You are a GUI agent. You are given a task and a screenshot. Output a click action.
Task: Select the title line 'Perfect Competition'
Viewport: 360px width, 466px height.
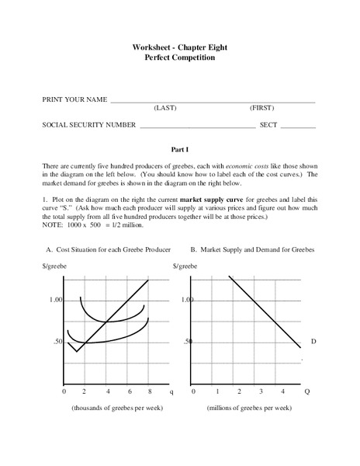pyautogui.click(x=179, y=57)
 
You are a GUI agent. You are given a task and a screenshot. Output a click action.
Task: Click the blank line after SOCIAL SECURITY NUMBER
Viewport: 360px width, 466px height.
pyautogui.click(x=197, y=127)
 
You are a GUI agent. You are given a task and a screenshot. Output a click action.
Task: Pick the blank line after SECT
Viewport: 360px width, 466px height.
pyautogui.click(x=298, y=127)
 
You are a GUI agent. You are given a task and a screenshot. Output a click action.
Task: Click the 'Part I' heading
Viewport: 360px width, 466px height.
pyautogui.click(x=179, y=148)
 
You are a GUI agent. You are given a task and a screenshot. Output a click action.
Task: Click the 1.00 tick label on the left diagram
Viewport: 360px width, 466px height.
pyautogui.click(x=55, y=300)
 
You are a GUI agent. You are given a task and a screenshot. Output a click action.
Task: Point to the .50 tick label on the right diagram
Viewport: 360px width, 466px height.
pyautogui.click(x=188, y=342)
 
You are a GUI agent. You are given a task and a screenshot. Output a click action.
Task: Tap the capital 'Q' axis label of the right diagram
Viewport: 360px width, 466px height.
pyautogui.click(x=307, y=392)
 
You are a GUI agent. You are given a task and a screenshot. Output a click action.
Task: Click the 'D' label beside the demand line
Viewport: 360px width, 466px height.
pyautogui.click(x=313, y=342)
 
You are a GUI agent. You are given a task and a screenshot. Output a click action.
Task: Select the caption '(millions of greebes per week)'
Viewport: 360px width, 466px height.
pyautogui.click(x=249, y=408)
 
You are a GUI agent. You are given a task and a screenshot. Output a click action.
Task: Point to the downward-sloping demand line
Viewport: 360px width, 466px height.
pyautogui.click(x=264, y=311)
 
